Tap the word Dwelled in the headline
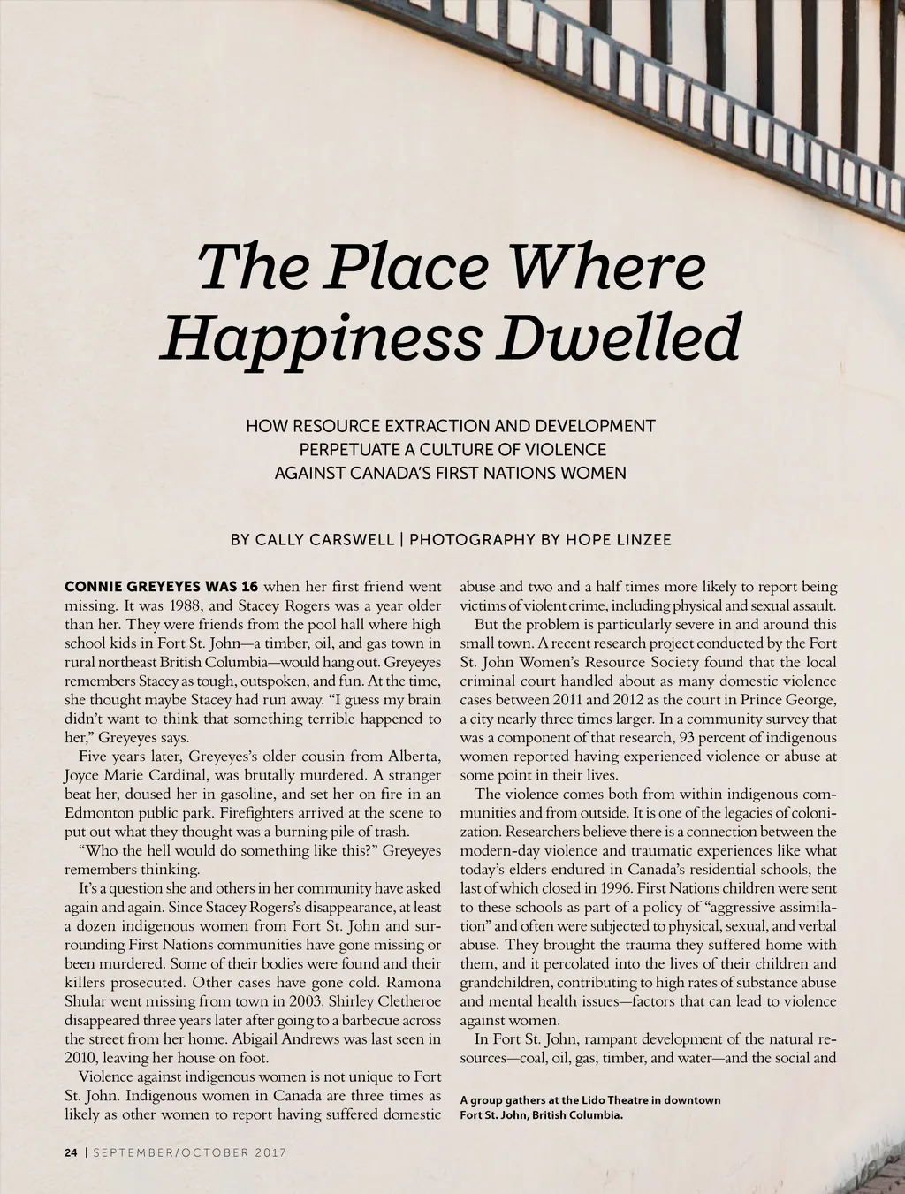coord(618,337)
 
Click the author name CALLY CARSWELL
coord(324,539)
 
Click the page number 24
coord(71,1152)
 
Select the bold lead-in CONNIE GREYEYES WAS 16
coord(162,586)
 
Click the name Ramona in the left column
coord(415,983)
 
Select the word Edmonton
coord(100,812)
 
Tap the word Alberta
coord(414,757)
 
